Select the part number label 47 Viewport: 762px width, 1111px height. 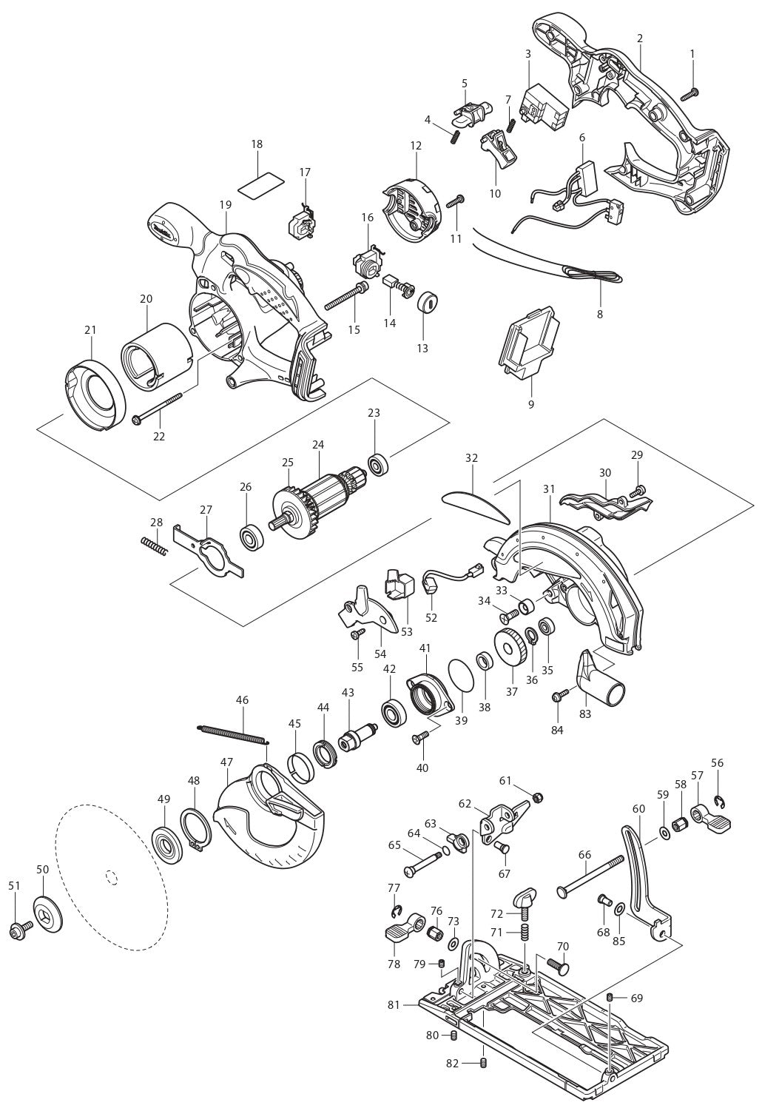point(226,761)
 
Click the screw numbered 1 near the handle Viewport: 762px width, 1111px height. point(693,93)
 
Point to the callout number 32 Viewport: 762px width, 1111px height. point(471,458)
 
